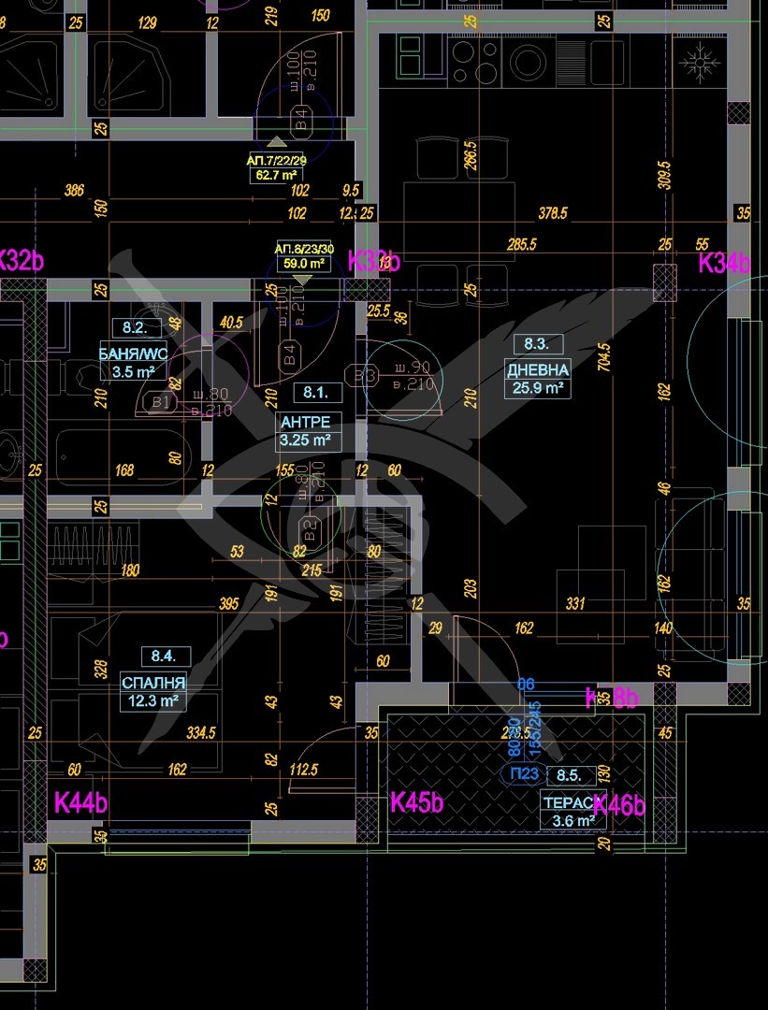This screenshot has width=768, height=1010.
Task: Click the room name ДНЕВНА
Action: point(537,369)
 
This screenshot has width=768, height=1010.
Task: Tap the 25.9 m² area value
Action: point(537,387)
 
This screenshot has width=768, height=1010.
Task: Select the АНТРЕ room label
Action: point(305,422)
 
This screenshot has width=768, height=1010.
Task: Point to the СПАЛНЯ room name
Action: point(153,682)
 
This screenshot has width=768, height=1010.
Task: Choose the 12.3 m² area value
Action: point(153,700)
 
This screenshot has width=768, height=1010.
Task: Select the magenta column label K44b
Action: point(80,802)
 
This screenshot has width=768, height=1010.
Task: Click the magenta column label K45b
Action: point(416,802)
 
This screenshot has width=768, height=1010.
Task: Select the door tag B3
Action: point(364,375)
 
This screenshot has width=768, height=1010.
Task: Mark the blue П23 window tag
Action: point(524,773)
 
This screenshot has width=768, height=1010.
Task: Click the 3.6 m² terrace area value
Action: point(572,821)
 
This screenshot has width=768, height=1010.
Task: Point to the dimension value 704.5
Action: point(604,355)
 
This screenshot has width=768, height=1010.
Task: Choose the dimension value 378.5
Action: point(552,213)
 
